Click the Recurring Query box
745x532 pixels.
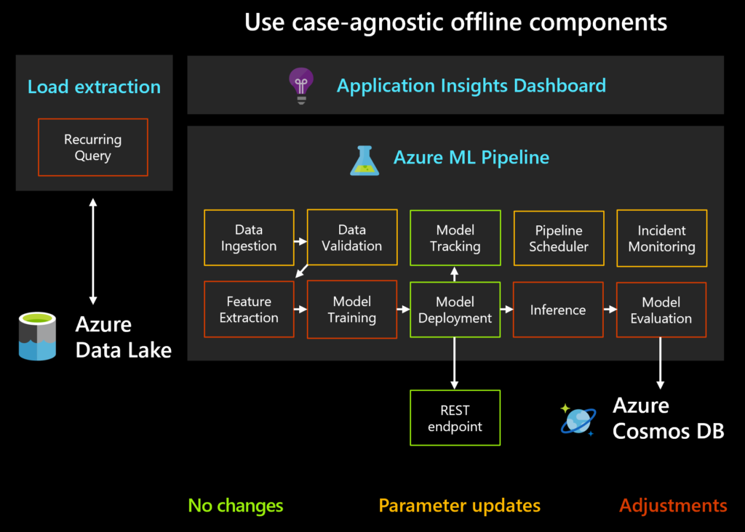tap(92, 148)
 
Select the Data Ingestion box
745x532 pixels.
tap(249, 238)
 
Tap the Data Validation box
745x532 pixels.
tap(352, 238)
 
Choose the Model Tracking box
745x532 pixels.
tap(455, 238)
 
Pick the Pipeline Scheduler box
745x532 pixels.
tap(559, 238)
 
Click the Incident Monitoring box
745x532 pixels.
tap(661, 238)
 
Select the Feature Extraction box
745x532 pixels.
tap(249, 310)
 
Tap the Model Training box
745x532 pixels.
tap(352, 310)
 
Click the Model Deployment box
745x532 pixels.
tap(455, 310)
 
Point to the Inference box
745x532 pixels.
tap(558, 310)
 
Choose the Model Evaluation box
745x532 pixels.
tap(661, 310)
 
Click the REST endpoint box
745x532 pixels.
tap(455, 418)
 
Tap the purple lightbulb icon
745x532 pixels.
tap(300, 85)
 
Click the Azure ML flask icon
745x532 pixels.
tap(364, 160)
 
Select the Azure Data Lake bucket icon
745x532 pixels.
tap(38, 336)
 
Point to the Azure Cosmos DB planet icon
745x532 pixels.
tap(578, 420)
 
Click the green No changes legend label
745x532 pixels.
tap(236, 505)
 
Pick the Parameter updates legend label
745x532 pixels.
tap(459, 505)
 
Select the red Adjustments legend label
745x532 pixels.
tap(673, 505)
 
